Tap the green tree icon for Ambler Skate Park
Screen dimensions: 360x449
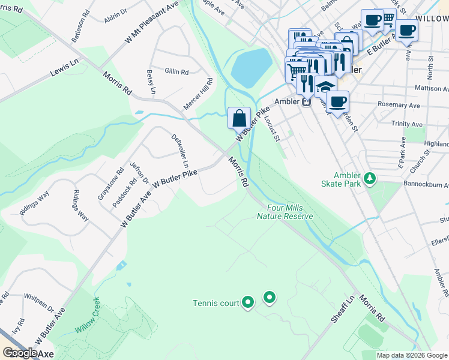(371, 178)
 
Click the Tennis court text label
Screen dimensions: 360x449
(216, 303)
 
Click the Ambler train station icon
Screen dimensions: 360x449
(306, 101)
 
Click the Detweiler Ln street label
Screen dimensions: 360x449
(179, 151)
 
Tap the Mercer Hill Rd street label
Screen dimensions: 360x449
(199, 94)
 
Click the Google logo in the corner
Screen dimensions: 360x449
(19, 353)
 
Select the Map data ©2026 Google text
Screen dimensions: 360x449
(412, 355)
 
